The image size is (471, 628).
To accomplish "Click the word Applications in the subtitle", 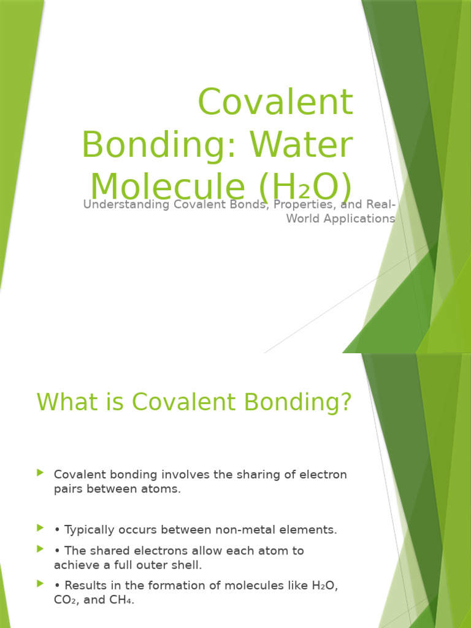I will [x=359, y=219].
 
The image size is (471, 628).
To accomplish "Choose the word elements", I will [x=309, y=530].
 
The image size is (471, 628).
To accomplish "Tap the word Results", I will [x=85, y=586].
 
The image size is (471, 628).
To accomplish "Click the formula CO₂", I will [x=66, y=600].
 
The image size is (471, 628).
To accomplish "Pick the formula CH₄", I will [x=120, y=600].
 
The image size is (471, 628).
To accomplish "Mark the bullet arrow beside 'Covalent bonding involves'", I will [x=40, y=473].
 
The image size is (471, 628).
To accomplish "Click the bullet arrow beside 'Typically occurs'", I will [x=40, y=528].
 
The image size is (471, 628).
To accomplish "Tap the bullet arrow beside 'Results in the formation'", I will [x=40, y=584].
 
